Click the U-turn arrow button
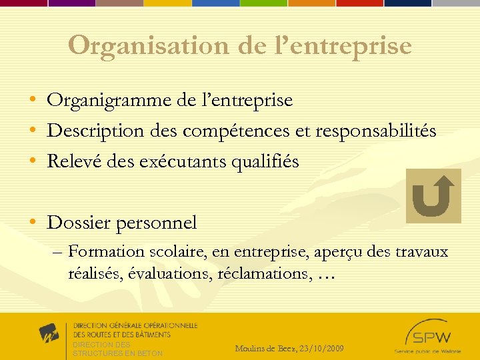[x=433, y=196]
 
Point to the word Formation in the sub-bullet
[x=106, y=252]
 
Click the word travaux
[x=422, y=252]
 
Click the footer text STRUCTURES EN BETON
[x=117, y=353]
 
